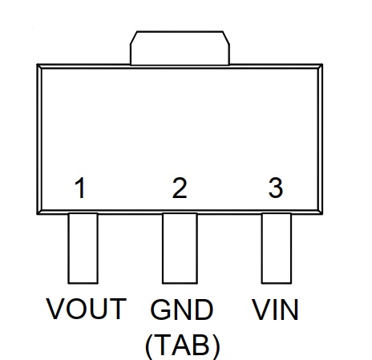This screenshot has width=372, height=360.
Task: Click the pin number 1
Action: pos(80,188)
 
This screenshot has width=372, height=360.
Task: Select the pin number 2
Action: pos(180,188)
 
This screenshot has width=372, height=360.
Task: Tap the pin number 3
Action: pos(276,188)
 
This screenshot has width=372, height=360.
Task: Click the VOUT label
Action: pos(87,309)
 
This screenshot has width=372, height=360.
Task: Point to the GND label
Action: pos(182,309)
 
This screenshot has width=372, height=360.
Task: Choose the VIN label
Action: pos(275,309)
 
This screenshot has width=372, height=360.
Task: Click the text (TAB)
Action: pos(183,346)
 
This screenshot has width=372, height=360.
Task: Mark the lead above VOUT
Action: pos(83,248)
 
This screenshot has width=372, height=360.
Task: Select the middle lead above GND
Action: pos(180,248)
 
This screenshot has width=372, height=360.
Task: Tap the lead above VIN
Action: pos(277,248)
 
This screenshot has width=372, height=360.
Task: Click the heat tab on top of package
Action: pos(180,48)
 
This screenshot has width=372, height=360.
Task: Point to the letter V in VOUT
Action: pos(56,309)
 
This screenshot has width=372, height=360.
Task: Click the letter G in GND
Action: pos(160,309)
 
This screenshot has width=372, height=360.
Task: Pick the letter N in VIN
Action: pos(289,309)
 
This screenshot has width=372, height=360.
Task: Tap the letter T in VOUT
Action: pos(116,309)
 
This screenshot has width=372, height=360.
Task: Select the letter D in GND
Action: pos(204,309)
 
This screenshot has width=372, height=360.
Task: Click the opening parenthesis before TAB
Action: pos(148,347)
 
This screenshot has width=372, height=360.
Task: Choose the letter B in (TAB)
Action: pos(200,346)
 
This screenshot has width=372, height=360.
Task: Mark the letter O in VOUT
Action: pos(75,309)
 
